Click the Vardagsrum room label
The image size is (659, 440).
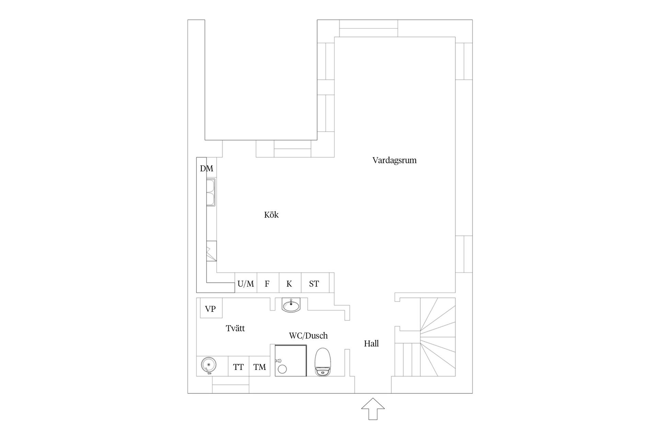(394, 160)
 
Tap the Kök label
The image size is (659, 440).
(271, 215)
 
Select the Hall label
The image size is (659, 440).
(371, 343)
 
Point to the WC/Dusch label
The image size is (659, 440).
(308, 335)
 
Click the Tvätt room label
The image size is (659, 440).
(235, 328)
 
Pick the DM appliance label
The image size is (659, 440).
(207, 168)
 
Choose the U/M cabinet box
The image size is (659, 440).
(246, 283)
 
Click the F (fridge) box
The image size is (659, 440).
(268, 283)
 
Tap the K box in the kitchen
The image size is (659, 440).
(290, 283)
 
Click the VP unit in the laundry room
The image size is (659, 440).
(211, 308)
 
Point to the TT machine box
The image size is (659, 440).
(239, 366)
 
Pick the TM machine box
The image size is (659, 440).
(259, 366)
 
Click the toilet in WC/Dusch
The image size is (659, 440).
(323, 362)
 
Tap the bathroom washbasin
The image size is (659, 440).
(291, 305)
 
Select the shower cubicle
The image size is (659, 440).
(291, 361)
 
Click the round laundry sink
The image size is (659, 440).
(208, 365)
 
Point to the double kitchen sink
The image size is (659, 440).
(211, 192)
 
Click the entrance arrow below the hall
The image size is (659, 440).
(373, 409)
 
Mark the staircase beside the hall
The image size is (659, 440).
(425, 337)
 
